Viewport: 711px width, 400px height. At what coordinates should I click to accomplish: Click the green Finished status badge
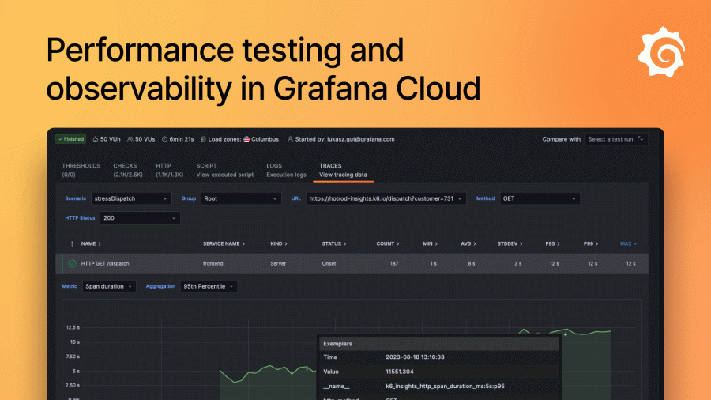pyautogui.click(x=70, y=139)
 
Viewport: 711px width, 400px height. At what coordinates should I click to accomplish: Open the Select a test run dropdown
pyautogui.click(x=616, y=139)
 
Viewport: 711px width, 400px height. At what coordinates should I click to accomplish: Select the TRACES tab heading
pyautogui.click(x=330, y=166)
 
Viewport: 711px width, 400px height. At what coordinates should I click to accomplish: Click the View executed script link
pyautogui.click(x=225, y=175)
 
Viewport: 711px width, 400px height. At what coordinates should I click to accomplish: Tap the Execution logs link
pyautogui.click(x=286, y=175)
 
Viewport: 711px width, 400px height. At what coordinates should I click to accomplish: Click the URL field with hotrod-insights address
pyautogui.click(x=386, y=198)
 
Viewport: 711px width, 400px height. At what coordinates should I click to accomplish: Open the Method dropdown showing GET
pyautogui.click(x=540, y=198)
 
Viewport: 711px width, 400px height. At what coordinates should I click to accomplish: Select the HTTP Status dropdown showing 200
pyautogui.click(x=140, y=217)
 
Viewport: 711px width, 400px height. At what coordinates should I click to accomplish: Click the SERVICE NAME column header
pyautogui.click(x=224, y=243)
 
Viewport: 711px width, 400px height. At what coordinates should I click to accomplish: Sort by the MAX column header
pyautogui.click(x=628, y=243)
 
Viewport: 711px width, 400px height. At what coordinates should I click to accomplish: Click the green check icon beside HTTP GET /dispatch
pyautogui.click(x=72, y=263)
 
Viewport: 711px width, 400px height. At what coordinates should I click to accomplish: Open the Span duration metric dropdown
pyautogui.click(x=109, y=286)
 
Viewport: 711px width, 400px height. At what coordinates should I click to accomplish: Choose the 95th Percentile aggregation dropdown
pyautogui.click(x=209, y=286)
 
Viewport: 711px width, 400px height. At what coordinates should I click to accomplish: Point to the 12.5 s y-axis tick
pyautogui.click(x=73, y=326)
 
